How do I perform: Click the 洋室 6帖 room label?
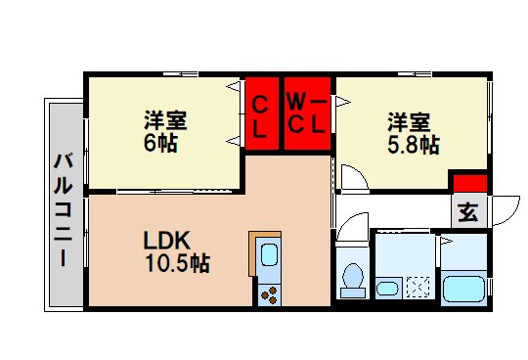point(165,131)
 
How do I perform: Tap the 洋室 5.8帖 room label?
point(411,133)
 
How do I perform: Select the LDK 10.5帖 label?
point(176,251)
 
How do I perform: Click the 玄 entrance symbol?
point(468,211)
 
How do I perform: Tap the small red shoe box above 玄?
point(468,183)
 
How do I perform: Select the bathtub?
point(463,289)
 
